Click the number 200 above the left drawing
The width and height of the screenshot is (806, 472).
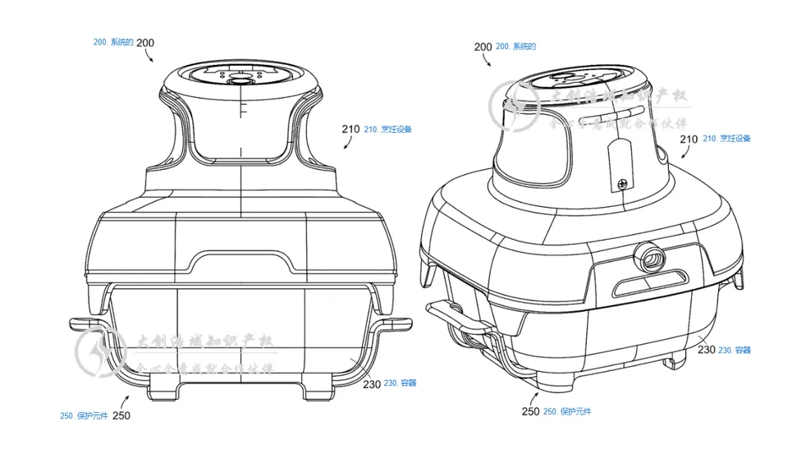(145, 43)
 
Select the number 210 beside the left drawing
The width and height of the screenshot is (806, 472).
(350, 129)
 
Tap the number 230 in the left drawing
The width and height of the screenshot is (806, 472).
(372, 383)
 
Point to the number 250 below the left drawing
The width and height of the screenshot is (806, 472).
(121, 415)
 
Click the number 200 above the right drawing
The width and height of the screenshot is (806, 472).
(483, 47)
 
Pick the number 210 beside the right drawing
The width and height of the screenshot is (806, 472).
(689, 140)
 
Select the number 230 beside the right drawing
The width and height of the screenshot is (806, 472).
(707, 349)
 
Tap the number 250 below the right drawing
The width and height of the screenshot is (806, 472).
(530, 410)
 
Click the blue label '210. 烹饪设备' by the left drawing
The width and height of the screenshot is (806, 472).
(388, 129)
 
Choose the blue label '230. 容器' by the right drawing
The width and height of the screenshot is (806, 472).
(735, 350)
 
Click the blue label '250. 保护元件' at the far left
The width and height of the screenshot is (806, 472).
(83, 416)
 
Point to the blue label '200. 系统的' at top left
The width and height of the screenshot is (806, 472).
(113, 42)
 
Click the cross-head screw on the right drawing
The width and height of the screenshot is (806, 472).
(623, 183)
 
